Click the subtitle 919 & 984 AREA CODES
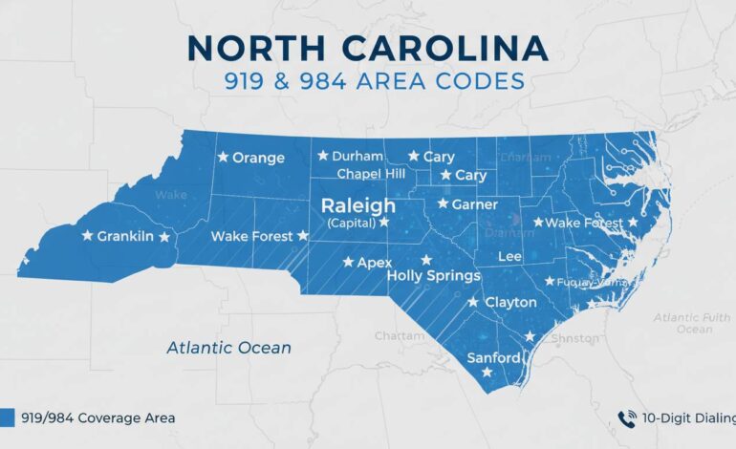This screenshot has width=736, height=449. click(368, 82)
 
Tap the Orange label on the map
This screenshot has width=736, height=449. click(258, 158)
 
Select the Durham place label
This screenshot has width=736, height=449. click(357, 156)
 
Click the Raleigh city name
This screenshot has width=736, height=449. click(357, 205)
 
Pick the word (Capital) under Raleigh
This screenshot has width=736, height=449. click(351, 223)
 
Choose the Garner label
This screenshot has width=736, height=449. click(474, 203)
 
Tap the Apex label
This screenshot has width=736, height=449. click(375, 261)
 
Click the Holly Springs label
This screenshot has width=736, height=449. click(433, 275)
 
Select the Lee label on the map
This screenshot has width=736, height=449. click(510, 257)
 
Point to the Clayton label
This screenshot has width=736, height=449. click(511, 302)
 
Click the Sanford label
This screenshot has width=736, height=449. click(493, 358)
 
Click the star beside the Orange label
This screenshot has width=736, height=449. click(223, 157)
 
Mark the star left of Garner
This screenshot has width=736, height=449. click(443, 203)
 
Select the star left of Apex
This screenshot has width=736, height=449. click(348, 261)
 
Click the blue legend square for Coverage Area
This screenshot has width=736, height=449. click(8, 417)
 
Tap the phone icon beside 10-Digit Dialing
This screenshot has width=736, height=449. click(627, 417)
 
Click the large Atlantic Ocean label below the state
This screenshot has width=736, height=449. click(228, 348)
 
